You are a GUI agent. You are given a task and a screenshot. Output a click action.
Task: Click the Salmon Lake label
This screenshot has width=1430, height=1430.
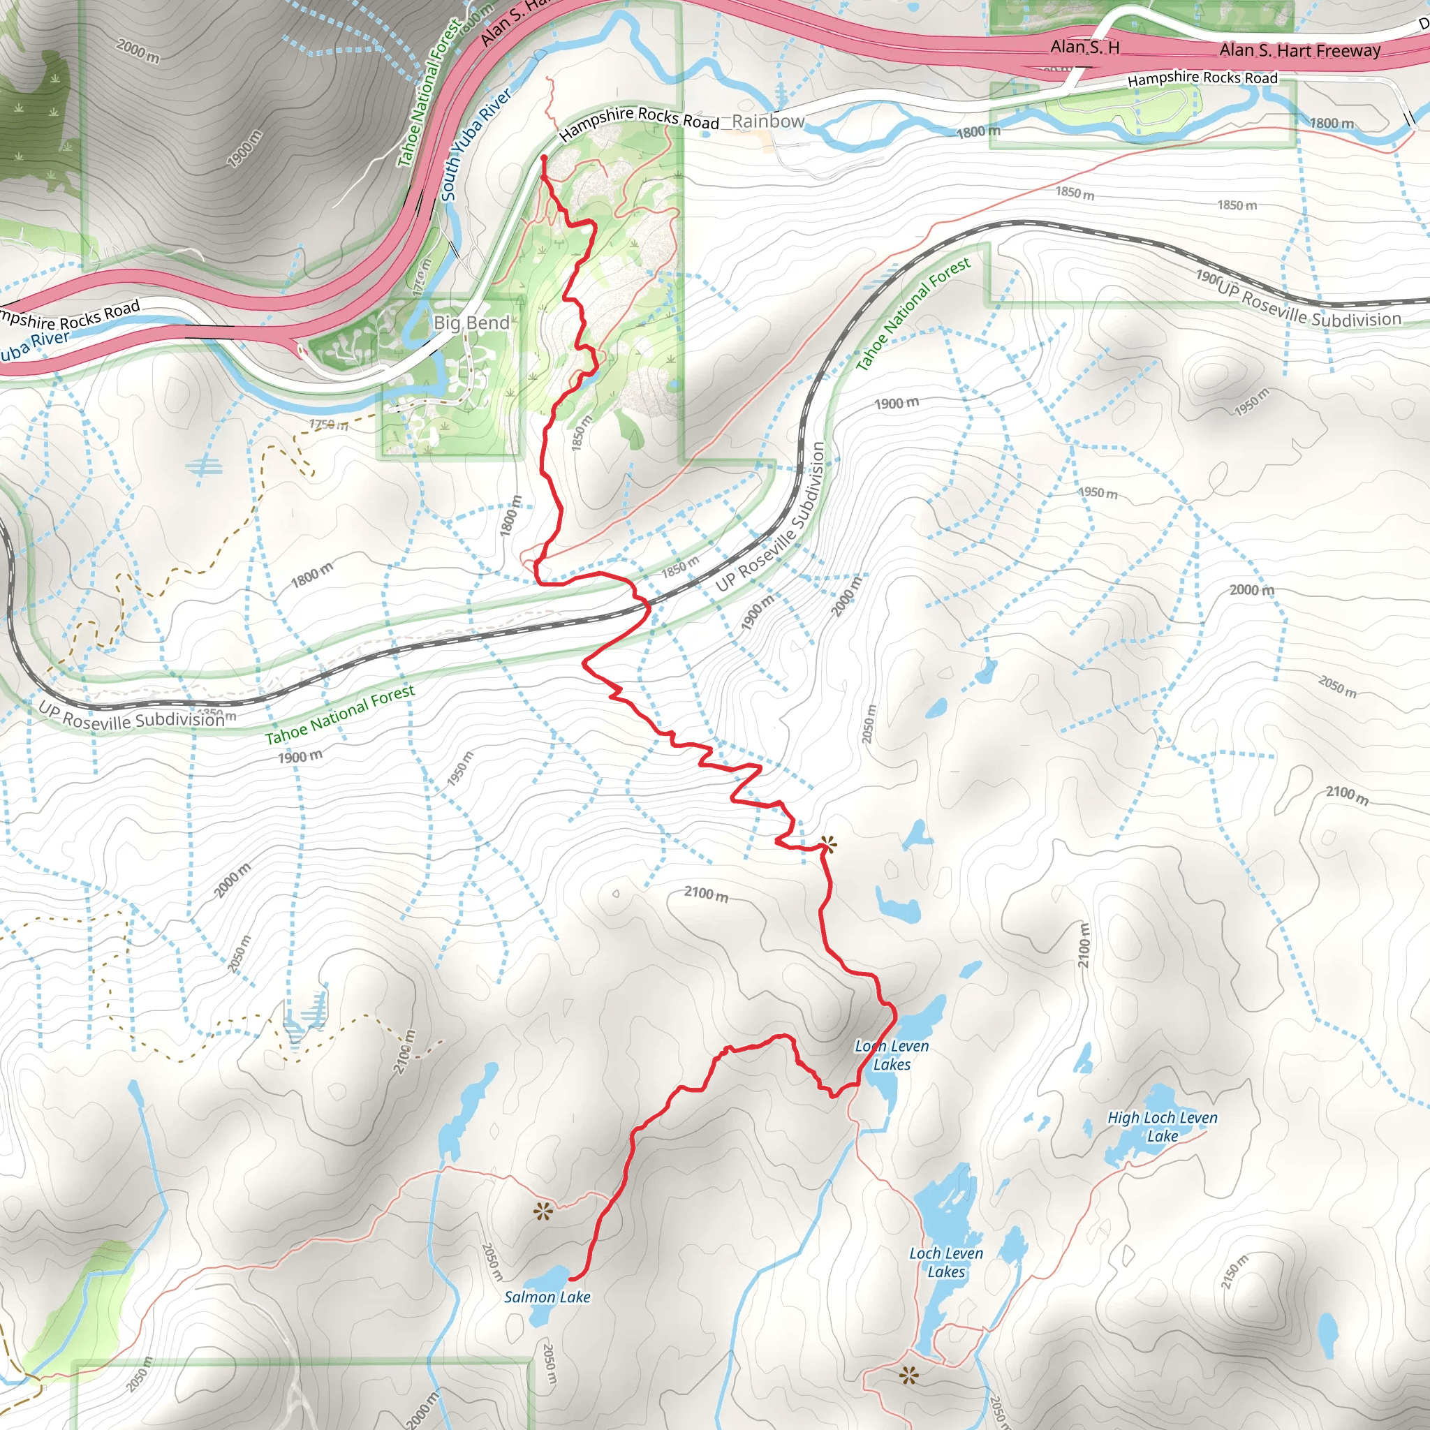pos(547,1297)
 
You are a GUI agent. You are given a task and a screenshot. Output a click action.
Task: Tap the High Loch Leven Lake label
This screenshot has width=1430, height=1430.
pos(1162,1126)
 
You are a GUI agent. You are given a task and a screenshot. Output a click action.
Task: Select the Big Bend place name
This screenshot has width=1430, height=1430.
pos(471,323)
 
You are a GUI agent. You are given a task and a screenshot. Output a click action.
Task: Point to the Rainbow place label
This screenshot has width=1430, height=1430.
pos(767,121)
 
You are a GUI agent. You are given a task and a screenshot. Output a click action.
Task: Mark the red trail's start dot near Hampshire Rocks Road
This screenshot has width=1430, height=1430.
pos(544,158)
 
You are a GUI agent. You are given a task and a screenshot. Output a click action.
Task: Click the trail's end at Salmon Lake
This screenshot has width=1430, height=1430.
pos(570,1278)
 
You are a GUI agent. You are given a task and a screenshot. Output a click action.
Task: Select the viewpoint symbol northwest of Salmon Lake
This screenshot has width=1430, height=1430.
pos(543,1211)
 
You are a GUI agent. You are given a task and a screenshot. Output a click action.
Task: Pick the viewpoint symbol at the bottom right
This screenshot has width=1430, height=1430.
pos(909,1376)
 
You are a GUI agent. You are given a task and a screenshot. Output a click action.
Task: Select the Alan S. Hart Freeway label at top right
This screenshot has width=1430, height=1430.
pos(1299,50)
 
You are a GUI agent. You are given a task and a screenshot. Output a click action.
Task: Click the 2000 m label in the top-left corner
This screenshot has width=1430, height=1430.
pos(138,50)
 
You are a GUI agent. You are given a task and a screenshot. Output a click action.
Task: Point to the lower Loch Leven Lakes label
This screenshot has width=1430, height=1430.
pos(946,1262)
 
